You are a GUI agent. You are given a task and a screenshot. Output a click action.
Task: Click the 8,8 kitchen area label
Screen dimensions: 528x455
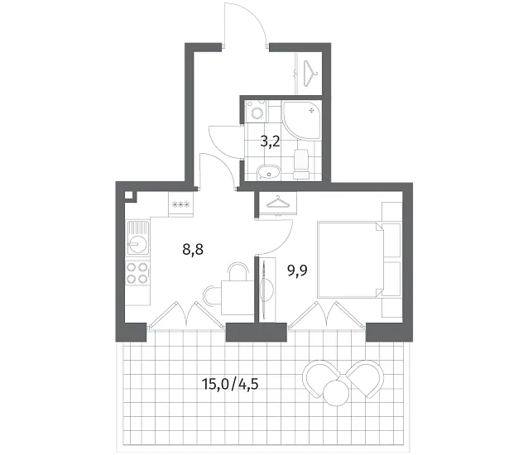[x=193, y=250]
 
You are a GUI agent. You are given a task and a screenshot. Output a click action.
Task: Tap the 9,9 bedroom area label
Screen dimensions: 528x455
[x=297, y=270]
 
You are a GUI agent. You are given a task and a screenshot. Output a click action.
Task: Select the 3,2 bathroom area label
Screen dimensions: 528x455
[x=270, y=142]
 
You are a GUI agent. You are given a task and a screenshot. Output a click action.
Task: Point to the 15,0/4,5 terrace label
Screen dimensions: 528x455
[x=230, y=384]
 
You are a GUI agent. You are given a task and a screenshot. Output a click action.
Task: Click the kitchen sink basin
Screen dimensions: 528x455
[x=137, y=237]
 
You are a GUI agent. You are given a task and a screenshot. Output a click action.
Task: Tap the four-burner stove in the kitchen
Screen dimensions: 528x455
[x=137, y=273]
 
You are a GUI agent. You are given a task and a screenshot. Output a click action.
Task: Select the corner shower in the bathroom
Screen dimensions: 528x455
[x=302, y=119]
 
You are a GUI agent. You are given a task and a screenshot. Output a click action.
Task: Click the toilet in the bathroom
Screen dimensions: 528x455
[x=301, y=164]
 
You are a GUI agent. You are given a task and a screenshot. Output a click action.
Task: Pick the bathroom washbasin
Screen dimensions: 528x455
[x=268, y=174]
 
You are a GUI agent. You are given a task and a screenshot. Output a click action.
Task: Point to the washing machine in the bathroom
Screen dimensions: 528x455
[x=257, y=112]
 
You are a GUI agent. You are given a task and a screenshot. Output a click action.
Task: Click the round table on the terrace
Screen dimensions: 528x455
[x=336, y=392]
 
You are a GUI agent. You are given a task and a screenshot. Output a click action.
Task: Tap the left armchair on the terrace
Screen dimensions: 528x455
[x=320, y=377]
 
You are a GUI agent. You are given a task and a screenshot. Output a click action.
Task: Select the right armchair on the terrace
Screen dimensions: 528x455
[x=365, y=378]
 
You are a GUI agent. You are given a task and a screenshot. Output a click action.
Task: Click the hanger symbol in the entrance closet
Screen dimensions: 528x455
[x=311, y=74]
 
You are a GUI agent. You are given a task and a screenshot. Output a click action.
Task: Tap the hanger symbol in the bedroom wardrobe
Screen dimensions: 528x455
[x=278, y=203]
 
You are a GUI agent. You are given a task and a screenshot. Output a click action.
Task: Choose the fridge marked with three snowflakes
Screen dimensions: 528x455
[x=180, y=204]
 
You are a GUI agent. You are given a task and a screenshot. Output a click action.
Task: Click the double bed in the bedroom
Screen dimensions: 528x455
[x=350, y=260]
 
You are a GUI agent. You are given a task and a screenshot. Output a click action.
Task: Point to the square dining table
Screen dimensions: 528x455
[x=238, y=298]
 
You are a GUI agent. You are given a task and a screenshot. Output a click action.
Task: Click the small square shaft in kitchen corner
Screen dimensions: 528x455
[x=129, y=195]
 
